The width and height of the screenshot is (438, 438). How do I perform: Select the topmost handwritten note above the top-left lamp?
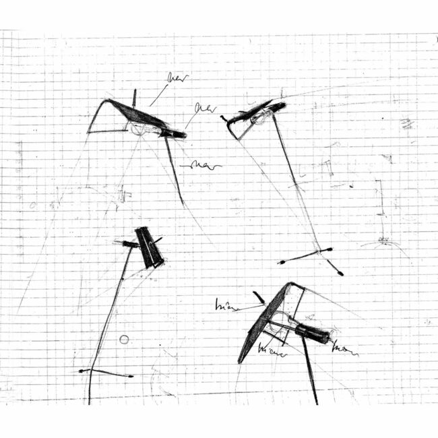pos(177,78)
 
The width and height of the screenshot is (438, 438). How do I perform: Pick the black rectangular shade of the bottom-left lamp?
pos(149,247)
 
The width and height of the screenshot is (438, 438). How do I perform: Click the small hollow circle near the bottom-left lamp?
pos(124,339)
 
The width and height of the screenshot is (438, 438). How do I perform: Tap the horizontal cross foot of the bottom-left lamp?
pos(105,373)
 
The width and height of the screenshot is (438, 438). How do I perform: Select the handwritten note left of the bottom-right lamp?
pos(228,307)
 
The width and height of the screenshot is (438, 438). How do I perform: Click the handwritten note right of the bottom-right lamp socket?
pos(345,350)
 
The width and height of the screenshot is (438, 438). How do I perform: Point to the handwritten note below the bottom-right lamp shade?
pos(273,352)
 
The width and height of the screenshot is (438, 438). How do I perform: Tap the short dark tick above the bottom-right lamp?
pos(259,298)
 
